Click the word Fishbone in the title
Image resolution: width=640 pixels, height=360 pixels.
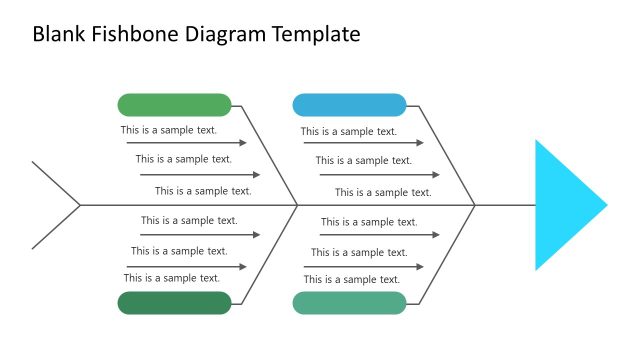[134, 34]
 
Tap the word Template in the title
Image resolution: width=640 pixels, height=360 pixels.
[313, 34]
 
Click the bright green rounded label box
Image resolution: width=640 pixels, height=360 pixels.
[174, 105]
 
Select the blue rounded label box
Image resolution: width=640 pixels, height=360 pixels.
[349, 105]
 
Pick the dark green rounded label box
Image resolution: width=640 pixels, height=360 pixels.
[174, 303]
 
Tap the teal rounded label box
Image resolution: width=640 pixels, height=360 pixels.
[349, 303]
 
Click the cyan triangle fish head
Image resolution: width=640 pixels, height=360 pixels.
[562, 205]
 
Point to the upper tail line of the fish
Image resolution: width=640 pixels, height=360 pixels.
[56, 183]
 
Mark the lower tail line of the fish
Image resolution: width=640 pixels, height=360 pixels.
[56, 228]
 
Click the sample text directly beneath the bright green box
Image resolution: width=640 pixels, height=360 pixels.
[168, 130]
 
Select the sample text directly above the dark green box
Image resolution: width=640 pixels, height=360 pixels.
[171, 278]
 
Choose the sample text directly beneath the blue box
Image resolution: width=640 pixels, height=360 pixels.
[348, 131]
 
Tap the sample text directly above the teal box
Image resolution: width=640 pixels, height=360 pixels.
[351, 279]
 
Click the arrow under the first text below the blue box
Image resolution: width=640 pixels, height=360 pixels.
[364, 143]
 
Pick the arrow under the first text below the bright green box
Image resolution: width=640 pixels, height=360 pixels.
[186, 143]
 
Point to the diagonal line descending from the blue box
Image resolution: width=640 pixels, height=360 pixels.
[441, 155]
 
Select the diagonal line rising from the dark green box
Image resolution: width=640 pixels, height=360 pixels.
[265, 254]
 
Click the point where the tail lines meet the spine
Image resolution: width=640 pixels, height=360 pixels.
[80, 205]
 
